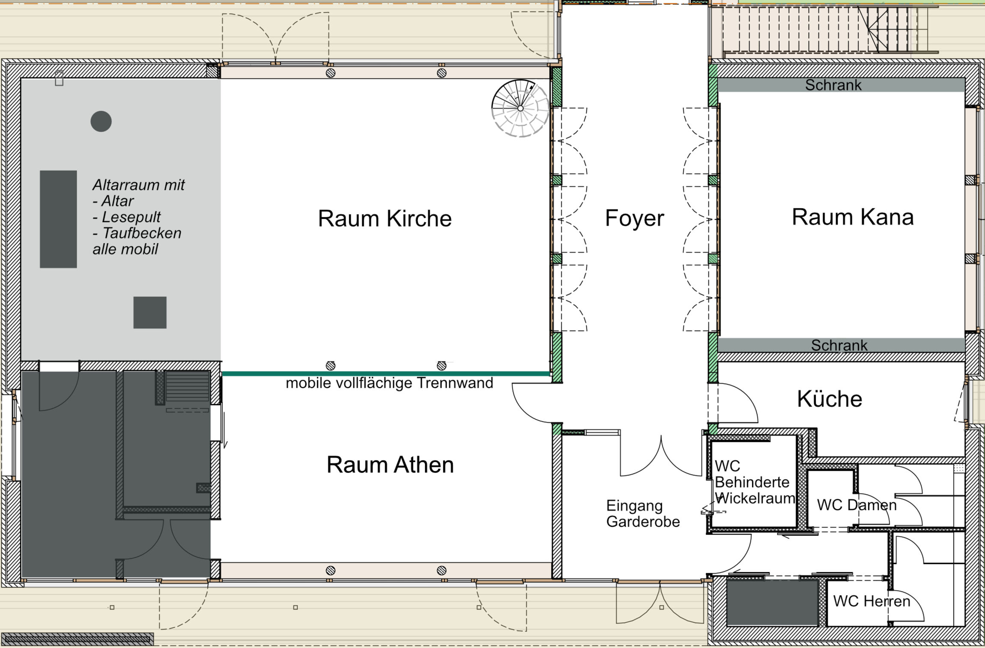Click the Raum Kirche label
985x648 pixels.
(x=385, y=218)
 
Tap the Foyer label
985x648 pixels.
(x=634, y=218)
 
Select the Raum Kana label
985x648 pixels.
(x=853, y=217)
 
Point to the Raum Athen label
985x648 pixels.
(x=390, y=465)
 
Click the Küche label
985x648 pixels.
(x=830, y=399)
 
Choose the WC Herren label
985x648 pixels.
(x=872, y=601)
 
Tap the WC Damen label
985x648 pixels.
(x=857, y=505)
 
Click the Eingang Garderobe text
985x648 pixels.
(x=643, y=514)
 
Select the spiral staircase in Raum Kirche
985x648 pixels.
(x=520, y=108)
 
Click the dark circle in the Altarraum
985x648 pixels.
(x=101, y=122)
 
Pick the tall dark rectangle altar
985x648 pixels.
(x=58, y=219)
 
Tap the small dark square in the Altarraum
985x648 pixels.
(x=150, y=313)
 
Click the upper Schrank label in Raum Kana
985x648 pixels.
(x=833, y=85)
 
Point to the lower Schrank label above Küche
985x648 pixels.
(x=839, y=345)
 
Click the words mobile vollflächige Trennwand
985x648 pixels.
(x=389, y=383)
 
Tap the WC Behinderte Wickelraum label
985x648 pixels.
(x=755, y=482)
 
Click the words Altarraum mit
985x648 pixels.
(x=139, y=185)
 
